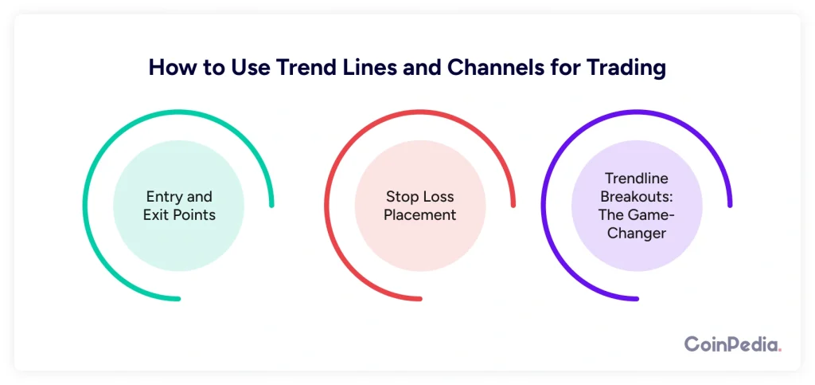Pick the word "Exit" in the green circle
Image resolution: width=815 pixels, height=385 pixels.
154,214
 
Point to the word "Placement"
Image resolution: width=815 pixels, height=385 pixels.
420,214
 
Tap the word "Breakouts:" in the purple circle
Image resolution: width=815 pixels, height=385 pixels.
636,197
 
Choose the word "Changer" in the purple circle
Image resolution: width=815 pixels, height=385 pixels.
636,233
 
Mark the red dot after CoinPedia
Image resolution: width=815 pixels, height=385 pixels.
780,351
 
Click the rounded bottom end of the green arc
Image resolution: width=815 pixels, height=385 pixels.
177,299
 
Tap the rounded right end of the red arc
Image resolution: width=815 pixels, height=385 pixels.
513,205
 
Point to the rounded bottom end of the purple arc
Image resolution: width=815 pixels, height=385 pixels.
636,299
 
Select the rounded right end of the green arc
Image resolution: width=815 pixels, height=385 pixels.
271,205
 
